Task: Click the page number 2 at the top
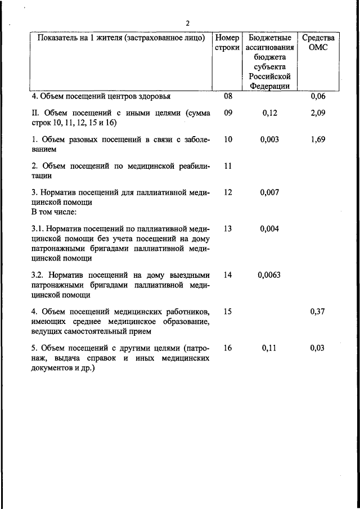[x=188, y=22]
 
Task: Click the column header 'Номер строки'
[x=227, y=43]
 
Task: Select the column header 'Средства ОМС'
[x=318, y=43]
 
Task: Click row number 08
[x=228, y=96]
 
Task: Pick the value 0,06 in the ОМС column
[x=318, y=96]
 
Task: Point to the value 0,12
[x=270, y=113]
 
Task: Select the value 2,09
[x=318, y=113]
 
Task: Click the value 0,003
[x=270, y=139]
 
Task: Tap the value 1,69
[x=318, y=139]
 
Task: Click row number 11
[x=228, y=166]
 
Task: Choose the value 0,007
[x=270, y=192]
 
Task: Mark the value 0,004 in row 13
[x=270, y=229]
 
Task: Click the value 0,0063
[x=269, y=275]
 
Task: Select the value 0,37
[x=318, y=312]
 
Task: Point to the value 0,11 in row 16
[x=270, y=348]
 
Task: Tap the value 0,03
[x=318, y=348]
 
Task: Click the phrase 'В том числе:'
[x=55, y=212]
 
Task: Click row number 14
[x=228, y=275]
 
